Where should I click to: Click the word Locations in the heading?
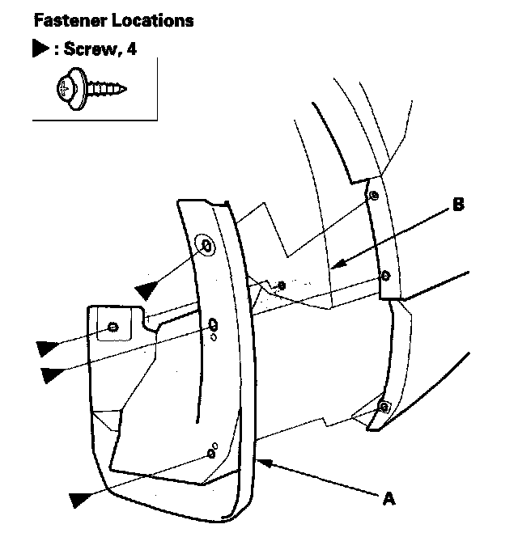tap(153, 20)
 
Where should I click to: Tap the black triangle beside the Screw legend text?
tap(39, 49)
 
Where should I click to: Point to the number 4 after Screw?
tap(132, 49)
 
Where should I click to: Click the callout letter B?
tap(458, 205)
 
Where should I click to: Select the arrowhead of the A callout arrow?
tap(261, 462)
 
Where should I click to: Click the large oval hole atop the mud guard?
tap(206, 244)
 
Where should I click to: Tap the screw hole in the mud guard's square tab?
tap(113, 328)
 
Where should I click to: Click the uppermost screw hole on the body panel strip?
tap(372, 197)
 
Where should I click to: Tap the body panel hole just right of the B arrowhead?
tap(385, 276)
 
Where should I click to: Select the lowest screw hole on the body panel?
tap(384, 404)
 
